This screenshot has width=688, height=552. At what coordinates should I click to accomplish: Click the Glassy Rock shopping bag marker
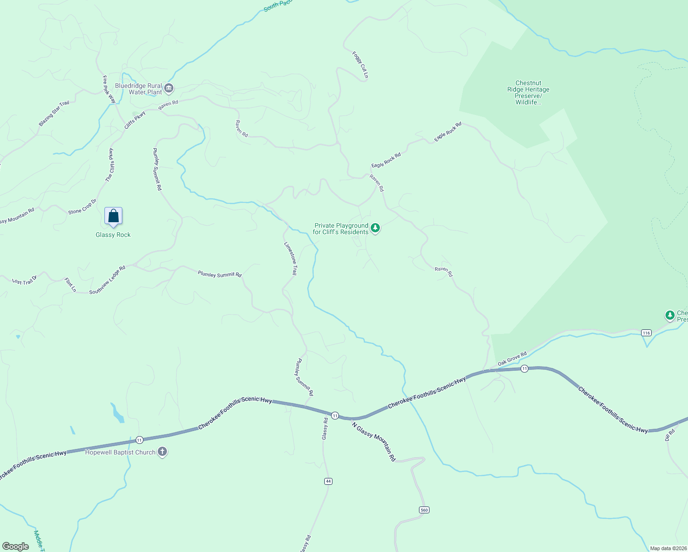[x=113, y=216]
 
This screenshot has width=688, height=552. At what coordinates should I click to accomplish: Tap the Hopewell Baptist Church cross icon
[x=162, y=452]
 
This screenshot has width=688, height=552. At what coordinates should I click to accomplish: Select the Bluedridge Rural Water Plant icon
[x=169, y=88]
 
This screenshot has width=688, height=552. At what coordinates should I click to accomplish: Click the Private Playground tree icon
[x=375, y=228]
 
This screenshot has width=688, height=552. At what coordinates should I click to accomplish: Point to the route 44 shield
[x=328, y=481]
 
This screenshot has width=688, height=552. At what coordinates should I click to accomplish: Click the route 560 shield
[x=424, y=510]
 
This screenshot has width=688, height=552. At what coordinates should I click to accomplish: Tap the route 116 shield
[x=647, y=333]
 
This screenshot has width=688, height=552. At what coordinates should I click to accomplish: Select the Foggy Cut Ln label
[x=361, y=64]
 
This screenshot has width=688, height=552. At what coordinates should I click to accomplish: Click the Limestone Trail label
[x=291, y=259]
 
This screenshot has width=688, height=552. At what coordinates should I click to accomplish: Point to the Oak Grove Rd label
[x=512, y=359]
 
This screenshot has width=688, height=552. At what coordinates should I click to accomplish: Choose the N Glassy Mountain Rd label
[x=373, y=441]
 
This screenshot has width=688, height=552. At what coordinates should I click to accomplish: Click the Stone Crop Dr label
[x=82, y=207]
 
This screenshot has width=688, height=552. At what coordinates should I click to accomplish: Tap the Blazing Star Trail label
[x=54, y=113]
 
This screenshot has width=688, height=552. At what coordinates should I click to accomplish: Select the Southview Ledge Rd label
[x=107, y=280]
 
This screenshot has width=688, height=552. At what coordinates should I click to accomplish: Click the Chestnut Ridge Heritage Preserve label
[x=528, y=92]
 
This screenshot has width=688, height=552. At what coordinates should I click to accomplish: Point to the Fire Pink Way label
[x=109, y=89]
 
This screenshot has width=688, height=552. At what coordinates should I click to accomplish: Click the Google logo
[x=16, y=546]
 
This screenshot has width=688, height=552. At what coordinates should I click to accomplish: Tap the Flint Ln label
[x=70, y=285]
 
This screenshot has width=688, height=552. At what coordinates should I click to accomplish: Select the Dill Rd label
[x=670, y=435]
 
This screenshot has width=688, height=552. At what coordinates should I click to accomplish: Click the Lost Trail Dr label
[x=24, y=281]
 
